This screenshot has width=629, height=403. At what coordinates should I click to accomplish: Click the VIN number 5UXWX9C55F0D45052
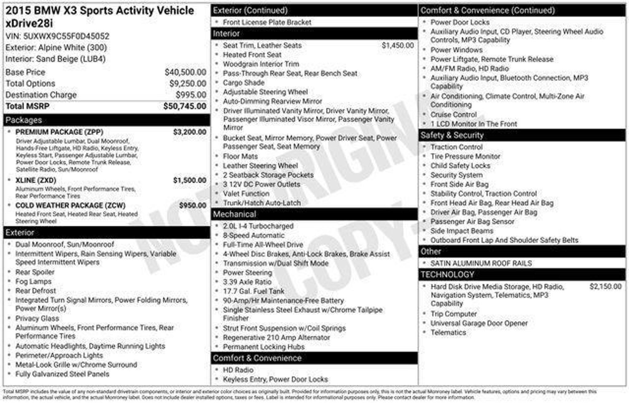pyautogui.click(x=66, y=36)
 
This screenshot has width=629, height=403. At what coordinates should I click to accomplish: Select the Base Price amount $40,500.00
pyautogui.click(x=185, y=72)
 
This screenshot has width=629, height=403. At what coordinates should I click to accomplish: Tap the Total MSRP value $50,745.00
pyautogui.click(x=185, y=106)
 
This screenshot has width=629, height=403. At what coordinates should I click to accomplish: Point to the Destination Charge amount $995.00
pyautogui.click(x=191, y=95)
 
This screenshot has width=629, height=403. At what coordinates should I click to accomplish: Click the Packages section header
pyautogui.click(x=24, y=120)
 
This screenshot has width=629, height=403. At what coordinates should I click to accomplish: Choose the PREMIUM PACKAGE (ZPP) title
pyautogui.click(x=59, y=132)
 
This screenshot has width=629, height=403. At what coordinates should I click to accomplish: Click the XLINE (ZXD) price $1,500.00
pyautogui.click(x=189, y=180)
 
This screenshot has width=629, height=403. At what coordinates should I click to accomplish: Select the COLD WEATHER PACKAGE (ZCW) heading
pyautogui.click(x=70, y=205)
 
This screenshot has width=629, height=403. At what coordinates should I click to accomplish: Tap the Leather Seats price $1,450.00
pyautogui.click(x=397, y=45)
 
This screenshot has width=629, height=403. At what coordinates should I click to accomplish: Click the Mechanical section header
pyautogui.click(x=234, y=214)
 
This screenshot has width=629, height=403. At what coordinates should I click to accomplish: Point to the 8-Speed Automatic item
pyautogui.click(x=254, y=236)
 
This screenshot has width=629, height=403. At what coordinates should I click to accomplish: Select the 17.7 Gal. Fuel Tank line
pyautogui.click(x=254, y=291)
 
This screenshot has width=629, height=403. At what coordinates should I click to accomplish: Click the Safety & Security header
pyautogui.click(x=452, y=135)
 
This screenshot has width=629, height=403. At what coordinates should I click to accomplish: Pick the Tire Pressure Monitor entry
pyautogui.click(x=465, y=156)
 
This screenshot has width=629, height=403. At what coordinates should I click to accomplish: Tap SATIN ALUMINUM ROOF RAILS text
pyautogui.click(x=481, y=263)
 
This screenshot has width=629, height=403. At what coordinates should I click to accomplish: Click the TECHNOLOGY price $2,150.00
pyautogui.click(x=605, y=287)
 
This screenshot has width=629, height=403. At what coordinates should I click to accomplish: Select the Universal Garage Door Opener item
pyautogui.click(x=479, y=323)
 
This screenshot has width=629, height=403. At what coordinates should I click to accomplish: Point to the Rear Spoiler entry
pyautogui.click(x=35, y=272)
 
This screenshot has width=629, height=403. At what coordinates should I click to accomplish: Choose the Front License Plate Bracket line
pyautogui.click(x=267, y=22)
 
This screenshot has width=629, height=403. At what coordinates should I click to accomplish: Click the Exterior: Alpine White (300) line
pyautogui.click(x=56, y=48)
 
